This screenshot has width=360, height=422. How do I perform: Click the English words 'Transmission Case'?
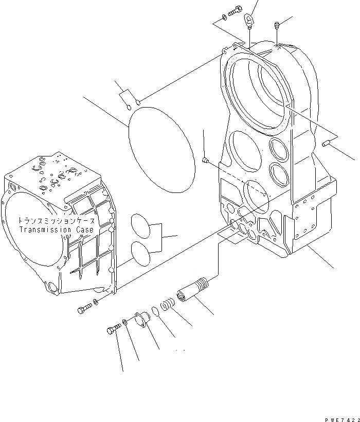(57, 230)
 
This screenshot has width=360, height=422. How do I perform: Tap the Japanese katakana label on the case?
(57, 220)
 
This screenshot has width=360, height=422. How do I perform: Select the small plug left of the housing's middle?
(205, 161)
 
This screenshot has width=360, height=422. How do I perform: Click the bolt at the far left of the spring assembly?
(114, 328)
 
